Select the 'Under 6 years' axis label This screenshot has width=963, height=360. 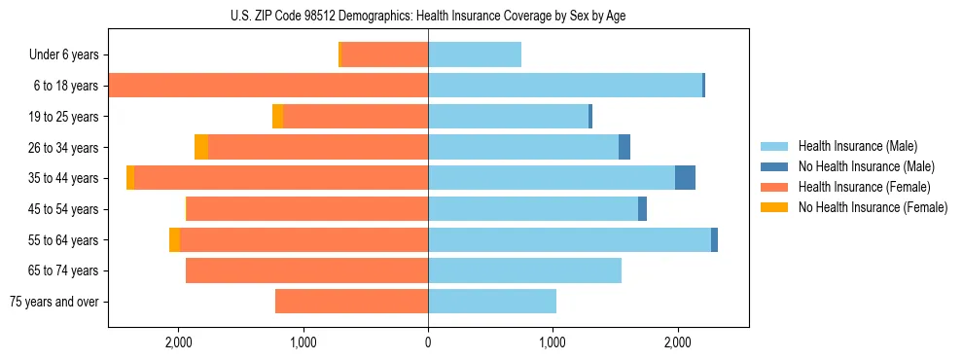click(63, 55)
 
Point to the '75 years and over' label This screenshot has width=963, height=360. click(53, 302)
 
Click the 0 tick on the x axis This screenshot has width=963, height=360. click(428, 342)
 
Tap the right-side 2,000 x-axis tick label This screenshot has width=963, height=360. click(678, 342)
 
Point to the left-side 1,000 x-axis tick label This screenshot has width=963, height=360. click(303, 342)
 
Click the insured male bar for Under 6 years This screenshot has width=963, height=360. click(475, 55)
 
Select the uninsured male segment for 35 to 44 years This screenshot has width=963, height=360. click(685, 178)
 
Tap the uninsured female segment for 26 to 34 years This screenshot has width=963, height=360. click(201, 147)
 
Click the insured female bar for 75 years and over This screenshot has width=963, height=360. click(351, 302)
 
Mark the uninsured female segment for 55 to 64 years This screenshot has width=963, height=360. click(174, 239)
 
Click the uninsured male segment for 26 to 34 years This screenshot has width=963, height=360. click(624, 147)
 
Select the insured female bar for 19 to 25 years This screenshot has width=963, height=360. click(355, 117)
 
